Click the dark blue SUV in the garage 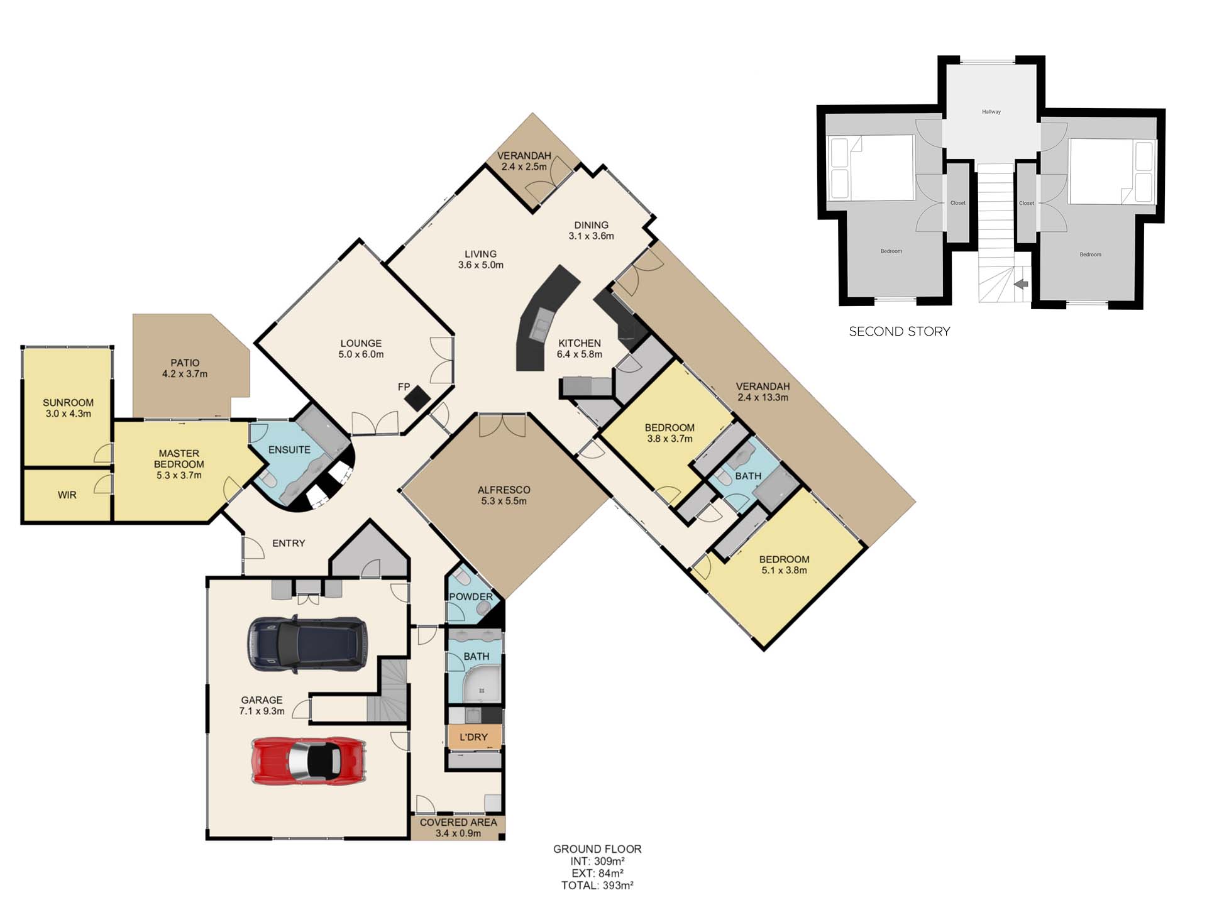coord(307,644)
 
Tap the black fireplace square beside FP coord(417,397)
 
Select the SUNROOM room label coord(68,403)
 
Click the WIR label coord(67,495)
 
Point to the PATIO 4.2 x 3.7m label coord(185,368)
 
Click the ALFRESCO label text coord(504,490)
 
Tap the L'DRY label coord(473,737)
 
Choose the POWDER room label coord(471,596)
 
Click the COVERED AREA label coord(458,822)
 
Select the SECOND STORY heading coord(899,331)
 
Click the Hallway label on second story coord(991,112)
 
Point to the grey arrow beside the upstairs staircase coord(1022,284)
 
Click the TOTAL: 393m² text coord(597,886)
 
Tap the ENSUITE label coord(289,450)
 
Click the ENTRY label coord(289,543)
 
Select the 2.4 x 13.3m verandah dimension coord(763,397)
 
